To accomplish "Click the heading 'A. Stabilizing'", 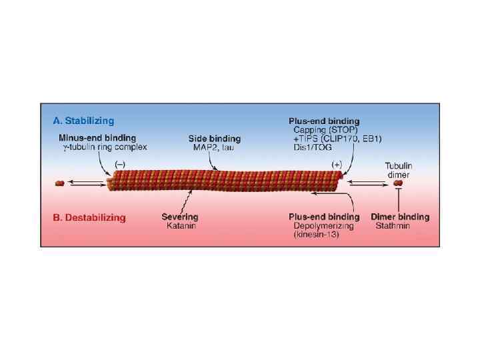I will pyautogui.click(x=83, y=121).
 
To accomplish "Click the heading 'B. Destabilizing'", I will pyautogui.click(x=89, y=217).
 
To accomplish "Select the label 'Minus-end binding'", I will pyautogui.click(x=97, y=138).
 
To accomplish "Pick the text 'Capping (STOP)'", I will pyautogui.click(x=326, y=129).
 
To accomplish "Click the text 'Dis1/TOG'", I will pyautogui.click(x=312, y=147).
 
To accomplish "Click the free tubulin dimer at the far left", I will pyautogui.click(x=61, y=182).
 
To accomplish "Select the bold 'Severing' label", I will pyautogui.click(x=180, y=217).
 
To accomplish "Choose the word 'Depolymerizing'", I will pyautogui.click(x=324, y=226).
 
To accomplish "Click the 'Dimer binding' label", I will pyautogui.click(x=400, y=217).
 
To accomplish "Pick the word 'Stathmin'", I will pyautogui.click(x=392, y=226).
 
